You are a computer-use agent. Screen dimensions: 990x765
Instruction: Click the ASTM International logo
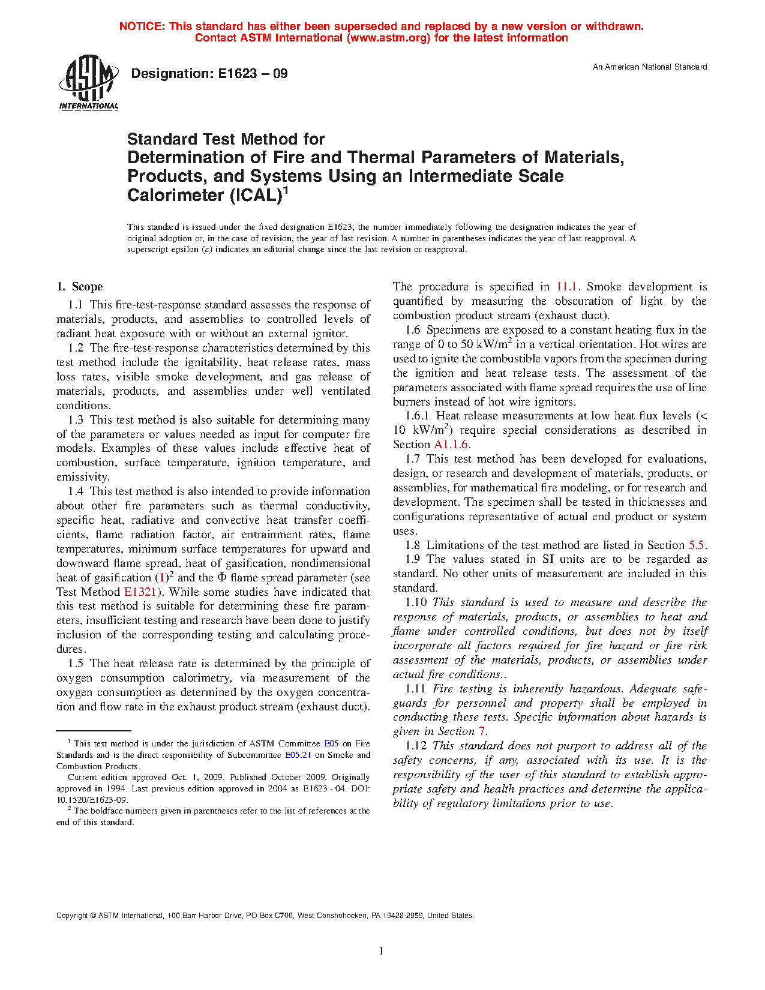pyautogui.click(x=88, y=83)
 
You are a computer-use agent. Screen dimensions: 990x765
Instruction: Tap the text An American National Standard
pyautogui.click(x=650, y=67)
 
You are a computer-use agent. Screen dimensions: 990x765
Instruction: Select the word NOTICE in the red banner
pyautogui.click(x=142, y=26)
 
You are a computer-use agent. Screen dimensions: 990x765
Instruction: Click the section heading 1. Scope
pyautogui.click(x=80, y=287)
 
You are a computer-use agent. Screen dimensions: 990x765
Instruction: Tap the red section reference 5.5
pyautogui.click(x=696, y=545)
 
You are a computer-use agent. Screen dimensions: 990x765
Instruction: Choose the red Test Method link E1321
pyautogui.click(x=140, y=592)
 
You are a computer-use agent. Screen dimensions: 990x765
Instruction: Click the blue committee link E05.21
pyautogui.click(x=298, y=755)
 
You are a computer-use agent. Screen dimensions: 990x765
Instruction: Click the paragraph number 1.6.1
pyautogui.click(x=417, y=416)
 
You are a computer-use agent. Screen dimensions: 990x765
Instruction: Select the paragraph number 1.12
pyautogui.click(x=415, y=746)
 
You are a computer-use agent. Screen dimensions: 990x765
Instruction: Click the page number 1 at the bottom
pyautogui.click(x=382, y=950)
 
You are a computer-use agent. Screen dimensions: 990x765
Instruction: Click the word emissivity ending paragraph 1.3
pyautogui.click(x=82, y=478)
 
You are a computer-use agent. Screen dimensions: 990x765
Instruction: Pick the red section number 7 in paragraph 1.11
pyautogui.click(x=481, y=731)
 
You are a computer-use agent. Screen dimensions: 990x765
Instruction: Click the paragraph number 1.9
pyautogui.click(x=413, y=559)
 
